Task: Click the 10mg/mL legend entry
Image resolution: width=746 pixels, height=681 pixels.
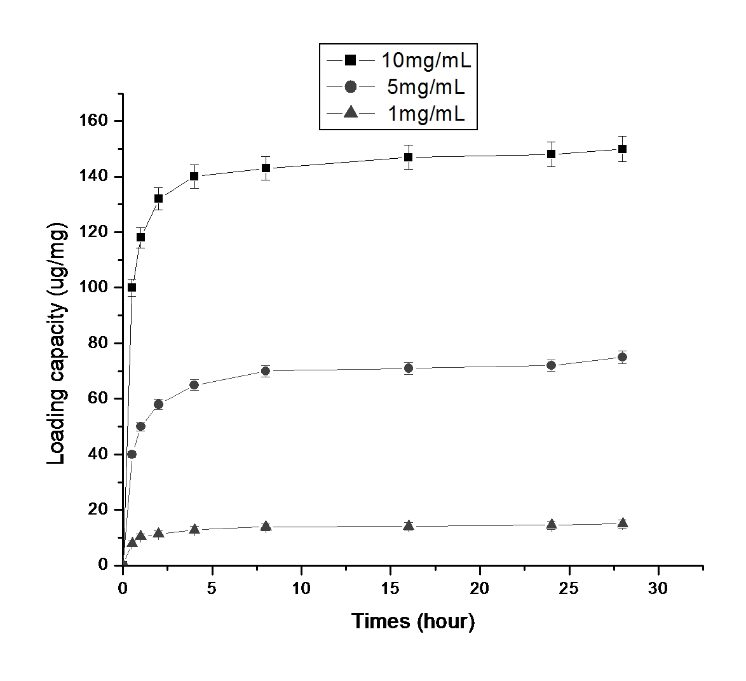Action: pos(398,60)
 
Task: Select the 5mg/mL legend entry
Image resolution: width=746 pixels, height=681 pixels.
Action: pos(398,87)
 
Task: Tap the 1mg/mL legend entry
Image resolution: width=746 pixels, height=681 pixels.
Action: pos(398,114)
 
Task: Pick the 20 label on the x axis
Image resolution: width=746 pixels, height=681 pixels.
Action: pos(480,589)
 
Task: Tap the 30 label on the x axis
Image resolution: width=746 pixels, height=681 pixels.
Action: pos(658,589)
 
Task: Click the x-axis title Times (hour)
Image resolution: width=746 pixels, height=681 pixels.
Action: pos(413,621)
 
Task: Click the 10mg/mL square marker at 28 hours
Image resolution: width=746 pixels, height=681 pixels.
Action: pos(622,149)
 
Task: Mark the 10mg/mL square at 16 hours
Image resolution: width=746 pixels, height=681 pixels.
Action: pos(408,157)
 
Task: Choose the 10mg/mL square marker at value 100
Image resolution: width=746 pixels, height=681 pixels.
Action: pos(132,287)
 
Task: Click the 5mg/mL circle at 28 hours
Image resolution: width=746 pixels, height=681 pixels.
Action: pos(622,357)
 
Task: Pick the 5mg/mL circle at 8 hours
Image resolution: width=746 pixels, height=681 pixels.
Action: pos(266,371)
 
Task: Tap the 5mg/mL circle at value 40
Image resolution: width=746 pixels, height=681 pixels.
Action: pos(132,454)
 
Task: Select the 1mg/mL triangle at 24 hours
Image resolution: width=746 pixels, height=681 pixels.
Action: pos(551,524)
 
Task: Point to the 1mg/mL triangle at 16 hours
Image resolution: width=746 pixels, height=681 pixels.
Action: pos(408,525)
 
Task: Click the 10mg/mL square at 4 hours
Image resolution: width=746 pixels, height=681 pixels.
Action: pos(194,177)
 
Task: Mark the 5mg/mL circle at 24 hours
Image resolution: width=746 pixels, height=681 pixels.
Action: pos(551,365)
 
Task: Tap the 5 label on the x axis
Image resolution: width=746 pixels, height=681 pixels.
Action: pos(212,589)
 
